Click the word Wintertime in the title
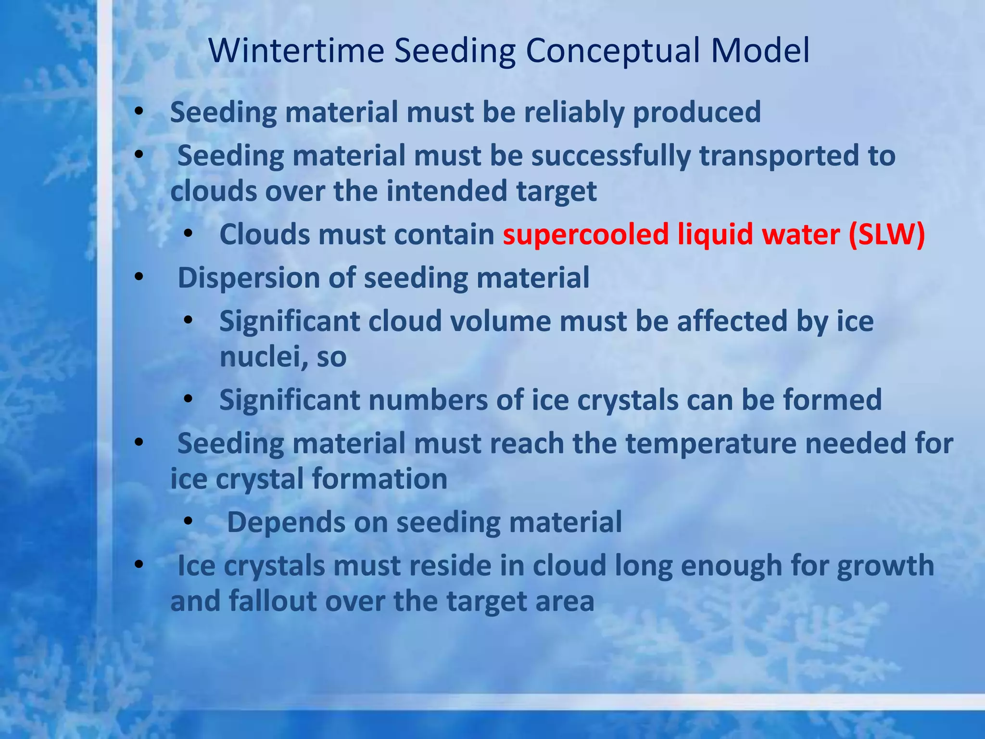click(x=296, y=51)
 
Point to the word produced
click(x=696, y=113)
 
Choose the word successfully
click(x=610, y=156)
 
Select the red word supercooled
click(x=585, y=235)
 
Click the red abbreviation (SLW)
click(x=886, y=235)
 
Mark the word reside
click(x=448, y=566)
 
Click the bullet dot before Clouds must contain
click(x=188, y=234)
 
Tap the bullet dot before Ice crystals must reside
click(x=139, y=565)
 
